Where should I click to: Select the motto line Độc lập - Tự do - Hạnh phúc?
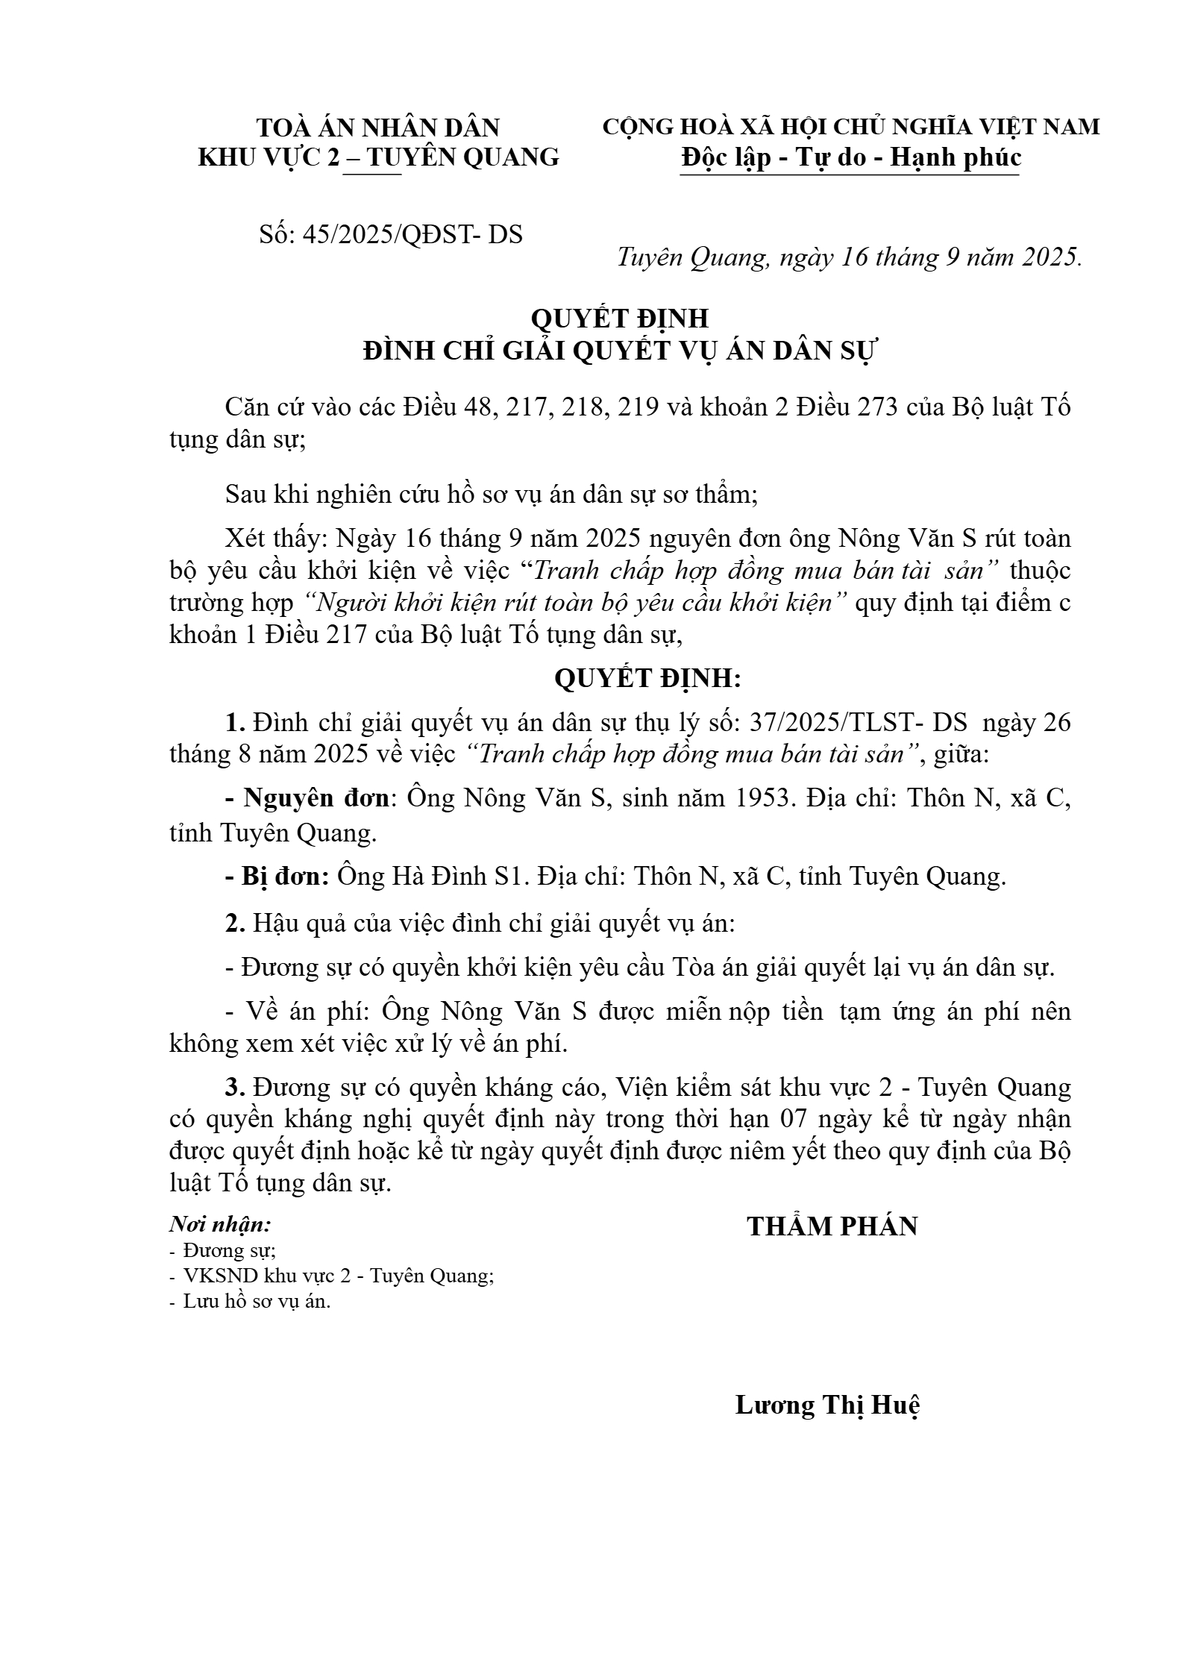(x=850, y=158)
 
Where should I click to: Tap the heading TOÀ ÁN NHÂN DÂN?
(x=378, y=128)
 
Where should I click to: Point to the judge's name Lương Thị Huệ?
(x=827, y=1405)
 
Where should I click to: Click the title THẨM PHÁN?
(x=832, y=1226)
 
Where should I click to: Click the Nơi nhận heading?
(x=220, y=1225)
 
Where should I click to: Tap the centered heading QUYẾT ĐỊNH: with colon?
(x=647, y=679)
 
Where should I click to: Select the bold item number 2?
(x=235, y=924)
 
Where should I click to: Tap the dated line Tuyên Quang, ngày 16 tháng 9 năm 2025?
(x=850, y=257)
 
